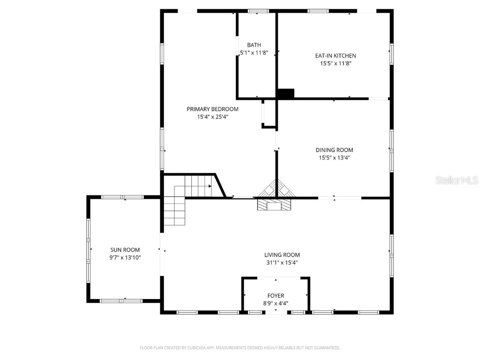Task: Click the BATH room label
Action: [254, 45]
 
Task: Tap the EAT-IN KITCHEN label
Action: [335, 56]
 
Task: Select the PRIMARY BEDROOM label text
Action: [212, 109]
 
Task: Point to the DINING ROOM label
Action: [334, 150]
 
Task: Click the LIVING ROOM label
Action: [282, 255]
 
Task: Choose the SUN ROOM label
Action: [125, 250]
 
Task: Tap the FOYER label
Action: [276, 296]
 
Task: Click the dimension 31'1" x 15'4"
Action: [282, 262]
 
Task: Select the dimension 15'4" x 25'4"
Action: [212, 117]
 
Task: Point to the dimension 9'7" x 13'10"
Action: [125, 257]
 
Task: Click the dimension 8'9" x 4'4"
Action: [276, 303]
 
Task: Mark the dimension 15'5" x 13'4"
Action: [334, 158]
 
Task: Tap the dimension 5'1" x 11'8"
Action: [254, 52]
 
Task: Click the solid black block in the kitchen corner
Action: [285, 94]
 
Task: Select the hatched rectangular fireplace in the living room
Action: [274, 205]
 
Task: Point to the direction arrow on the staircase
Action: [210, 186]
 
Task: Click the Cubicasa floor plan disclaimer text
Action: [240, 348]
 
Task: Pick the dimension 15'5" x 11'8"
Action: [335, 63]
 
